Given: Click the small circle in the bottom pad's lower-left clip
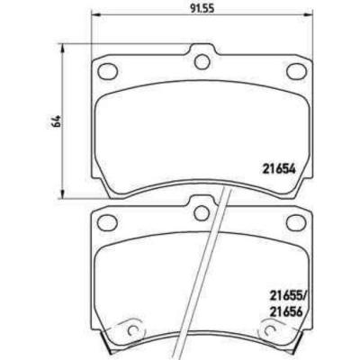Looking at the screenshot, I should point(135,331).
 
